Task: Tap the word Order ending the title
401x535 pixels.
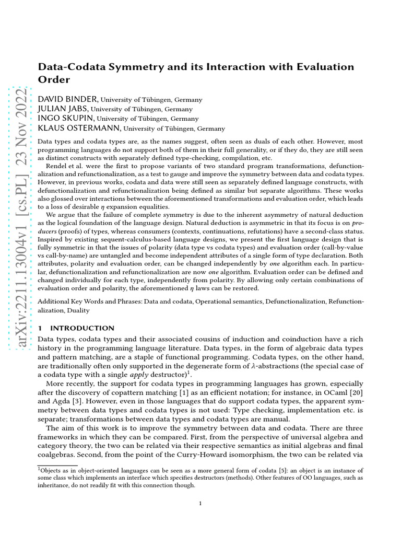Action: click(x=54, y=79)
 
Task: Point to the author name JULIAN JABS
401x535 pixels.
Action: click(x=65, y=109)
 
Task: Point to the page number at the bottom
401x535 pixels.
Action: click(x=200, y=504)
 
